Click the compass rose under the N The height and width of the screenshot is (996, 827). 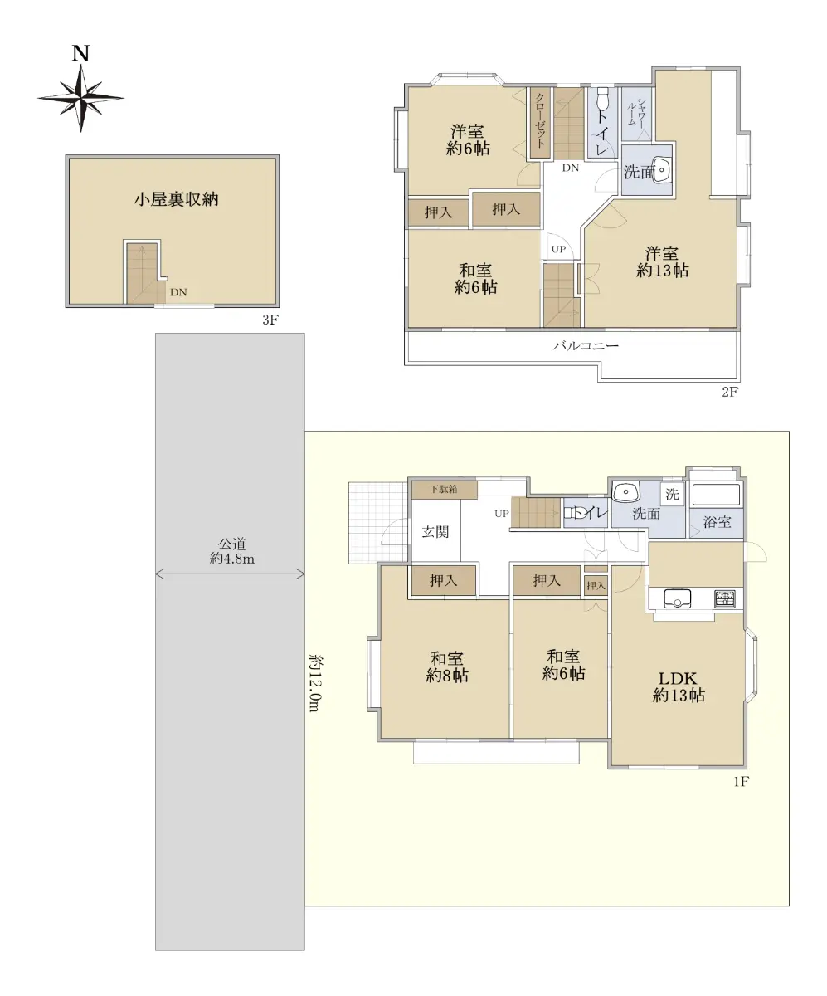click(81, 98)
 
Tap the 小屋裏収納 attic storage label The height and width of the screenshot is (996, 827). click(177, 199)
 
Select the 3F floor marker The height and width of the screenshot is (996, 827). click(270, 320)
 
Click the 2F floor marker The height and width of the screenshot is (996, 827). click(730, 392)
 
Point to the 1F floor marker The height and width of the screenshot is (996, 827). click(742, 781)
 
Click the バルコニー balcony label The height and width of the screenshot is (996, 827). click(586, 346)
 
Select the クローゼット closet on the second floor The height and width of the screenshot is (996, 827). click(541, 124)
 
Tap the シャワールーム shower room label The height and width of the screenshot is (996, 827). click(635, 113)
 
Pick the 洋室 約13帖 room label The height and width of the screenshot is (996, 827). click(662, 262)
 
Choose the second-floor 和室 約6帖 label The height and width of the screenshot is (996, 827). click(475, 279)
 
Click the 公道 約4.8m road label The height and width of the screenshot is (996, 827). click(232, 551)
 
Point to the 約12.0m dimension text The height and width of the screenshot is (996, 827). click(314, 683)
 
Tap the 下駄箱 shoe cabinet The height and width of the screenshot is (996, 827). click(445, 490)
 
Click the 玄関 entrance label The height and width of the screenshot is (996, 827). click(435, 531)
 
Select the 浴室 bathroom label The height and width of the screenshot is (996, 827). click(718, 521)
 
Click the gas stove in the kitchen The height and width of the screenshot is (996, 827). click(725, 598)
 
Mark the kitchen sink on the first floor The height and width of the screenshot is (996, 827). click(676, 598)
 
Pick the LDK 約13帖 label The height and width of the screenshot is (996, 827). click(679, 687)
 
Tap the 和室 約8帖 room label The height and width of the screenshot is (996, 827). click(446, 666)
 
